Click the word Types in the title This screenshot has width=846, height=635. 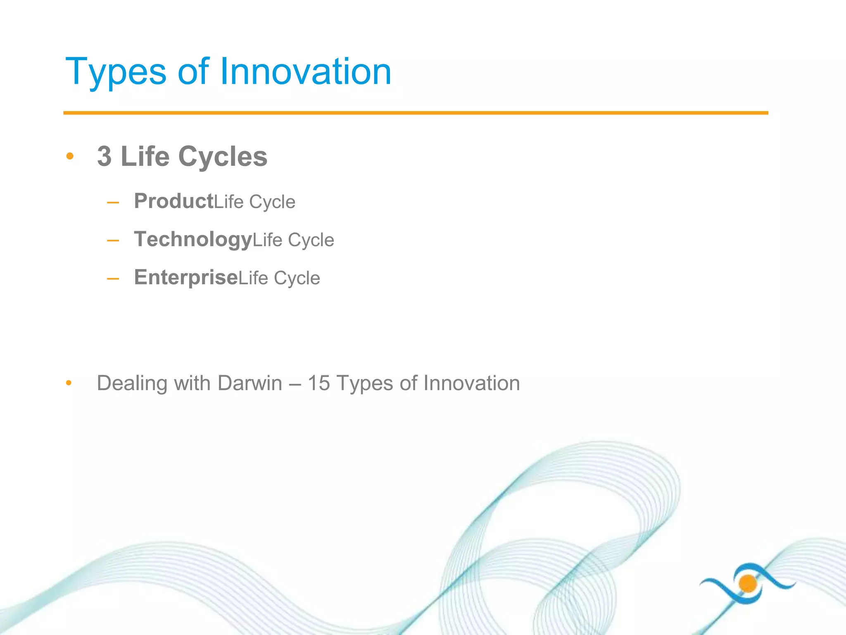pyautogui.click(x=116, y=73)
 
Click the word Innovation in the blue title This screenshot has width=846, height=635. pyautogui.click(x=306, y=72)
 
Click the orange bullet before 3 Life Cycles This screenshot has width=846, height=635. pyautogui.click(x=70, y=156)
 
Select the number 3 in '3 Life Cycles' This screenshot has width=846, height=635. pyautogui.click(x=105, y=157)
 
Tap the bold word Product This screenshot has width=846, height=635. pyautogui.click(x=173, y=201)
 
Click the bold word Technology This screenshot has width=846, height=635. pyautogui.click(x=193, y=239)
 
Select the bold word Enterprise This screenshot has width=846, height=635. pyautogui.click(x=186, y=277)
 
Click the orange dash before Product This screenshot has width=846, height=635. pyautogui.click(x=113, y=203)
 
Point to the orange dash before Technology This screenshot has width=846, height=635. pyautogui.click(x=113, y=241)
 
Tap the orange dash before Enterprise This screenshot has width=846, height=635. pyautogui.click(x=113, y=279)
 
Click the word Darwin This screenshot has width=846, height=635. pyautogui.click(x=250, y=383)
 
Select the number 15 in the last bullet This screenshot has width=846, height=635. pyautogui.click(x=318, y=383)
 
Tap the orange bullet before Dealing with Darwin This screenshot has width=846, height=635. pyautogui.click(x=69, y=383)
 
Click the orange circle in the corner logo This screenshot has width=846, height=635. pyautogui.click(x=748, y=584)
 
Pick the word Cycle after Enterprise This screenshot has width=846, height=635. pyautogui.click(x=297, y=278)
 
